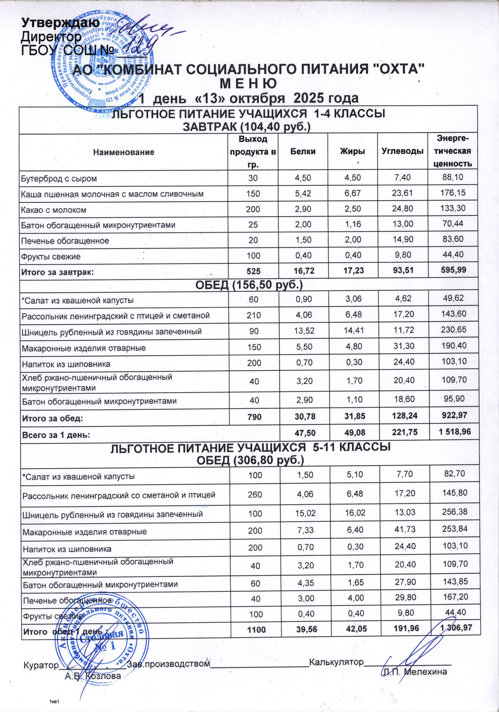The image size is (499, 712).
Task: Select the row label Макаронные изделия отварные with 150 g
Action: (x=84, y=348)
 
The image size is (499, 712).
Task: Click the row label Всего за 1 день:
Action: (x=56, y=435)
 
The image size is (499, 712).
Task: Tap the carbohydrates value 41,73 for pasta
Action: (x=402, y=531)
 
